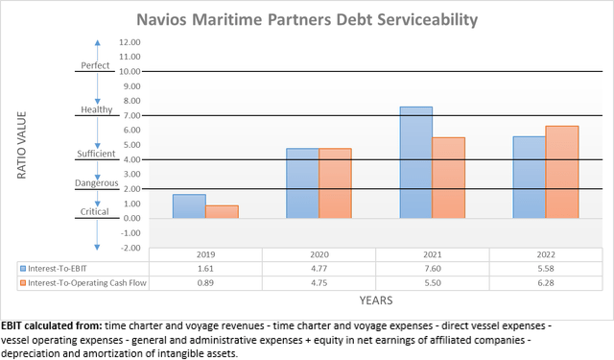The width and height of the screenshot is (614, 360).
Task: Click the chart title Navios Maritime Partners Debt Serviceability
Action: pos(306,18)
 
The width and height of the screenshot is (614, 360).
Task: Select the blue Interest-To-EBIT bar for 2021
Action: pos(415,162)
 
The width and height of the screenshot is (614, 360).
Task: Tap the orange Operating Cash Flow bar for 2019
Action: pos(221,212)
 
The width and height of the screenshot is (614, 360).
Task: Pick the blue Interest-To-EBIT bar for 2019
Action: pos(189,206)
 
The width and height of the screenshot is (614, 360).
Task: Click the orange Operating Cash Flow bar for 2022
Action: pos(562,172)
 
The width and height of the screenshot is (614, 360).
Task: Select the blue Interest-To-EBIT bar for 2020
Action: pos(302,183)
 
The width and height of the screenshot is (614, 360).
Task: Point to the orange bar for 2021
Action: pos(448,178)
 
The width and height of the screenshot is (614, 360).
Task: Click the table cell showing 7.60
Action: pos(432,270)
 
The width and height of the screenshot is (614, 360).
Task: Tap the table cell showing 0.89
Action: pos(204,283)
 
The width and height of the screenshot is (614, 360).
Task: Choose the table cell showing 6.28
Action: pos(546,283)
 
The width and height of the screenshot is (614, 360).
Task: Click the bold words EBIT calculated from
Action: pos(51,325)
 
